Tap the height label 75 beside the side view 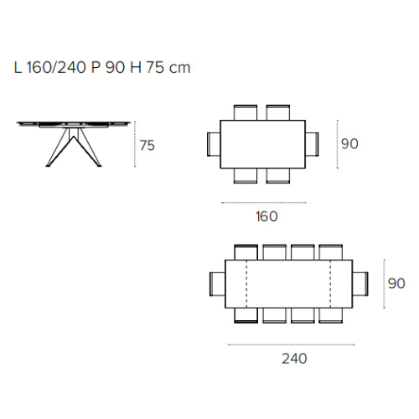tap(147, 146)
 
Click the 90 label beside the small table tap(349, 143)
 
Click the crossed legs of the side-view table tap(71, 147)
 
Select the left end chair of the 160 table tap(212, 143)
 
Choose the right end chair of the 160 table tap(313, 143)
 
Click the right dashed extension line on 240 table tap(332, 282)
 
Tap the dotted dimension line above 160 tap(262, 202)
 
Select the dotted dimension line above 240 tap(291, 344)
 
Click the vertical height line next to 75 tap(135, 146)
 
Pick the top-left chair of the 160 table tap(246, 111)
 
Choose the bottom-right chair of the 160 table tap(279, 174)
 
